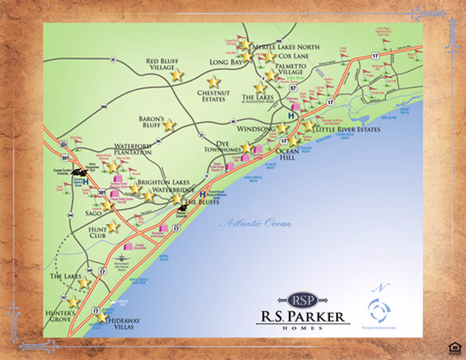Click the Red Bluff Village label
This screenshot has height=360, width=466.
[x=160, y=64]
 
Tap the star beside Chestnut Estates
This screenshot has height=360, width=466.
[x=214, y=82]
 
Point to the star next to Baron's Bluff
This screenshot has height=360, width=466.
[x=169, y=124]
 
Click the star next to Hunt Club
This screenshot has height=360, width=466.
[x=113, y=226]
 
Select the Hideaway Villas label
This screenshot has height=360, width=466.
[x=125, y=324]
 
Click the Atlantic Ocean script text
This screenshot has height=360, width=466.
[x=256, y=224]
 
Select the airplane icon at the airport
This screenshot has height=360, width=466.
[x=121, y=257]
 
